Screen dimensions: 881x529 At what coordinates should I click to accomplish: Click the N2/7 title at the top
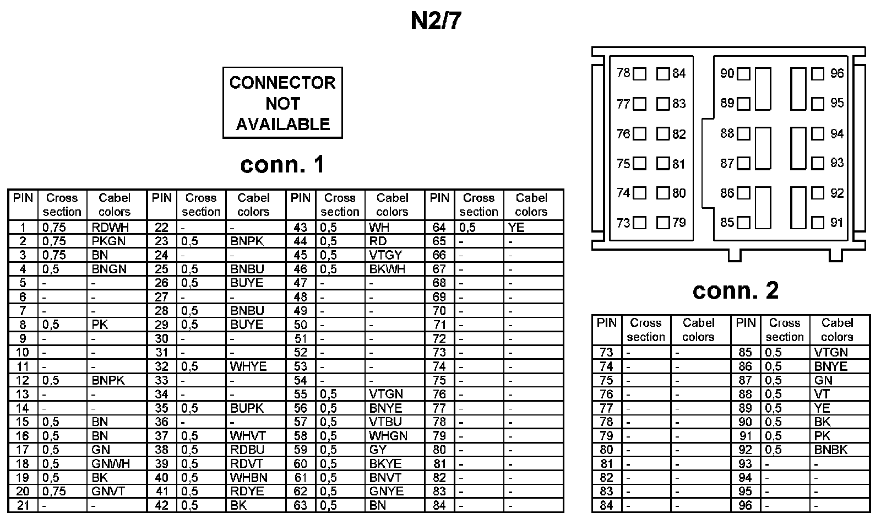[x=436, y=21]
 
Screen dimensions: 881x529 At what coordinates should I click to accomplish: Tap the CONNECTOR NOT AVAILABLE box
[x=282, y=103]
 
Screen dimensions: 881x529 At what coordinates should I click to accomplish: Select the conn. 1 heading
[x=282, y=164]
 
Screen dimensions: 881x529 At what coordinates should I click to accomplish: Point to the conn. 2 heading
[x=735, y=290]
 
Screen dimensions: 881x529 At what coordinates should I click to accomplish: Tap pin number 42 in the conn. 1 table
[x=161, y=505]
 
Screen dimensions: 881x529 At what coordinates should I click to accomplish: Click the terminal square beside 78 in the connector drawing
[x=639, y=74]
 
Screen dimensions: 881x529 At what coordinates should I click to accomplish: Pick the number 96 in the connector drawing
[x=837, y=73]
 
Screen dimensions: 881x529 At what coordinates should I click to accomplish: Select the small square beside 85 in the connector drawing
[x=743, y=223]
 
